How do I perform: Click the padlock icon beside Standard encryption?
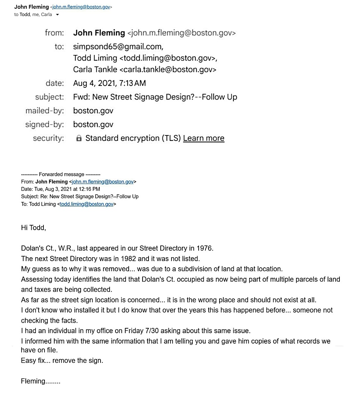click(x=79, y=139)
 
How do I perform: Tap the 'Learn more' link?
click(x=203, y=138)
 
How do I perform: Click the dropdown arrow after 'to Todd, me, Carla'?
click(x=57, y=15)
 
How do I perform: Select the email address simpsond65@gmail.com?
click(x=118, y=47)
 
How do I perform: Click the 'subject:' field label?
click(x=49, y=97)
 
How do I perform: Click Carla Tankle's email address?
click(x=168, y=69)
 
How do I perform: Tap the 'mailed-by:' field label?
click(x=45, y=111)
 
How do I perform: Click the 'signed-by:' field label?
click(x=45, y=125)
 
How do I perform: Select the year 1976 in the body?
click(x=205, y=248)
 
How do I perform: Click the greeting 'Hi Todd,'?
click(x=33, y=228)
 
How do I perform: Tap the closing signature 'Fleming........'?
click(x=41, y=381)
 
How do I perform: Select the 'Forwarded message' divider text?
click(x=61, y=174)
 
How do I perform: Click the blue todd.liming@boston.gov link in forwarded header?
click(x=87, y=204)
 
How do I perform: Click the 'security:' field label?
click(x=48, y=138)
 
